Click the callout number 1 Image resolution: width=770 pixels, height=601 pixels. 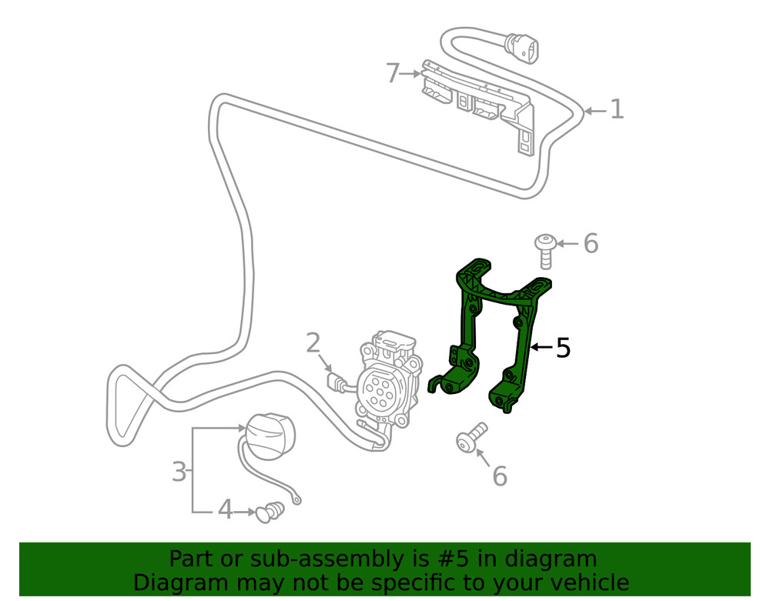(x=616, y=109)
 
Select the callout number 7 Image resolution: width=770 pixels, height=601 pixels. (x=393, y=74)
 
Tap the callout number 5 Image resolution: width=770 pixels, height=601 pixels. (x=563, y=348)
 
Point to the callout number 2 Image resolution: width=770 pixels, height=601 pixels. (x=313, y=342)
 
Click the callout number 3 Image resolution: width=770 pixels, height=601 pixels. (x=179, y=470)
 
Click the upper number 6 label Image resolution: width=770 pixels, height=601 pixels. (x=590, y=244)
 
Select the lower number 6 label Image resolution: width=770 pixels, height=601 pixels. (x=500, y=476)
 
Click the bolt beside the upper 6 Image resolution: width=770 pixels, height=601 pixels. (x=544, y=251)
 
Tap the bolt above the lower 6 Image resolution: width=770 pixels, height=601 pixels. (x=470, y=437)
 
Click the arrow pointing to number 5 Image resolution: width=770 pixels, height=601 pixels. (x=541, y=348)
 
